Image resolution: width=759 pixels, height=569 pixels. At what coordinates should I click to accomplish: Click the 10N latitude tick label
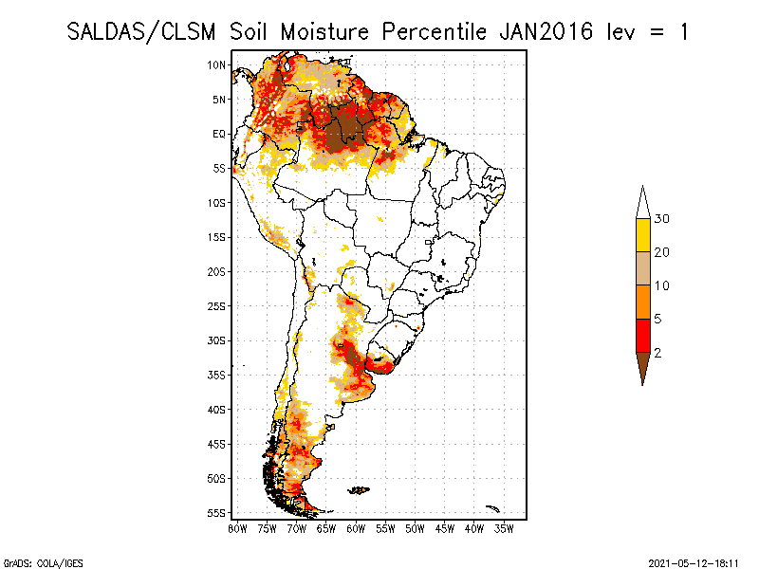[217, 64]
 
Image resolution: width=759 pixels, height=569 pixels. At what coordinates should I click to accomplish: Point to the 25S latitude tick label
[217, 305]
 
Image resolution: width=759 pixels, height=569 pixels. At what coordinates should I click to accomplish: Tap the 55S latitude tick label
[217, 512]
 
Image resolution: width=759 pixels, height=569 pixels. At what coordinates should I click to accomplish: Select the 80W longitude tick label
[237, 528]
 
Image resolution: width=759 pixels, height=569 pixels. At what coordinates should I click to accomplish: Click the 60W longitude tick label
[357, 528]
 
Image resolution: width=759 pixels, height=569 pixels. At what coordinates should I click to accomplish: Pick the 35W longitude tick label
[505, 528]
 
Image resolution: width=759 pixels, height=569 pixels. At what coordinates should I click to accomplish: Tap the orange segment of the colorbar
[642, 302]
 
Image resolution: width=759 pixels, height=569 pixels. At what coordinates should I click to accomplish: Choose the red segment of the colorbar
[642, 335]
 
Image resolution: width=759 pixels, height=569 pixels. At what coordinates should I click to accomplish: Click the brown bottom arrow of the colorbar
[642, 366]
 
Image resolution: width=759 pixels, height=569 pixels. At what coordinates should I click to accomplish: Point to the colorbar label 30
[662, 219]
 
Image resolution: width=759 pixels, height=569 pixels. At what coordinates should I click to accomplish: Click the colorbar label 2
[657, 353]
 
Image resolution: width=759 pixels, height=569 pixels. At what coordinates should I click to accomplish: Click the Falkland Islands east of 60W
[360, 489]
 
